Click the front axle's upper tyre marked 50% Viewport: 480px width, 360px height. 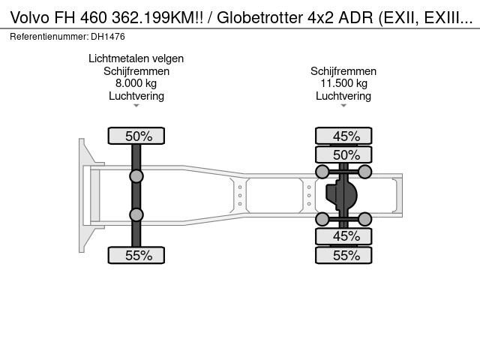[136, 136]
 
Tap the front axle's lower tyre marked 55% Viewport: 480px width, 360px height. [136, 255]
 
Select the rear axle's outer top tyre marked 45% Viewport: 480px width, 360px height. [343, 136]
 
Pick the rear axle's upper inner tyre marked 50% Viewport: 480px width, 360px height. [343, 154]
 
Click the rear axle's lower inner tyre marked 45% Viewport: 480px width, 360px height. [343, 236]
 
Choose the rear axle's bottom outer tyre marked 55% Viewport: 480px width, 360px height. [343, 255]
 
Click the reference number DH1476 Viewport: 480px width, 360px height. [108, 37]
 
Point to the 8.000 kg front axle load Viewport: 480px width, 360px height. [136, 83]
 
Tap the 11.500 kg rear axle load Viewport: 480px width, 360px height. [343, 83]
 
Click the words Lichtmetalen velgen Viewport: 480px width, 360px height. [136, 58]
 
